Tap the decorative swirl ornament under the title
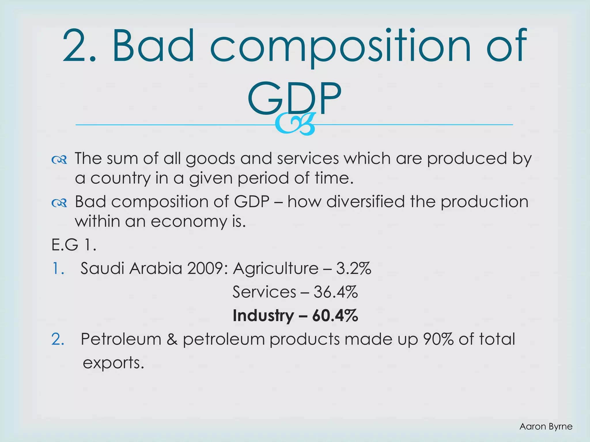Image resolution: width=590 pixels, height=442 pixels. click(295, 124)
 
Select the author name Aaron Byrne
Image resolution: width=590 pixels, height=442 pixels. click(546, 426)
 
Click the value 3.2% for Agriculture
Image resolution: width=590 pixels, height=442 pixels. click(353, 268)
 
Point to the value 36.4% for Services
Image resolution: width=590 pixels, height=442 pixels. click(336, 292)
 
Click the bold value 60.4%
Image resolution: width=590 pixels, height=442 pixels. click(335, 316)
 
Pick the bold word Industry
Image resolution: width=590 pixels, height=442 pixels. click(263, 316)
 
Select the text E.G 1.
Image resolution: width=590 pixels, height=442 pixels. click(74, 245)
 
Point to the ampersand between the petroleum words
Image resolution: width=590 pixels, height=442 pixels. click(172, 339)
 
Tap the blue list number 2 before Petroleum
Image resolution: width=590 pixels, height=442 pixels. click(57, 339)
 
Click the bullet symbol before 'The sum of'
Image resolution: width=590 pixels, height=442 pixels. click(59, 160)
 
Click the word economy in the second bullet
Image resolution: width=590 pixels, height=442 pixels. click(189, 222)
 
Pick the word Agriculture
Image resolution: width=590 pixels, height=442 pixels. click(276, 268)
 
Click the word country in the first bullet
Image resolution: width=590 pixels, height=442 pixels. click(120, 178)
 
